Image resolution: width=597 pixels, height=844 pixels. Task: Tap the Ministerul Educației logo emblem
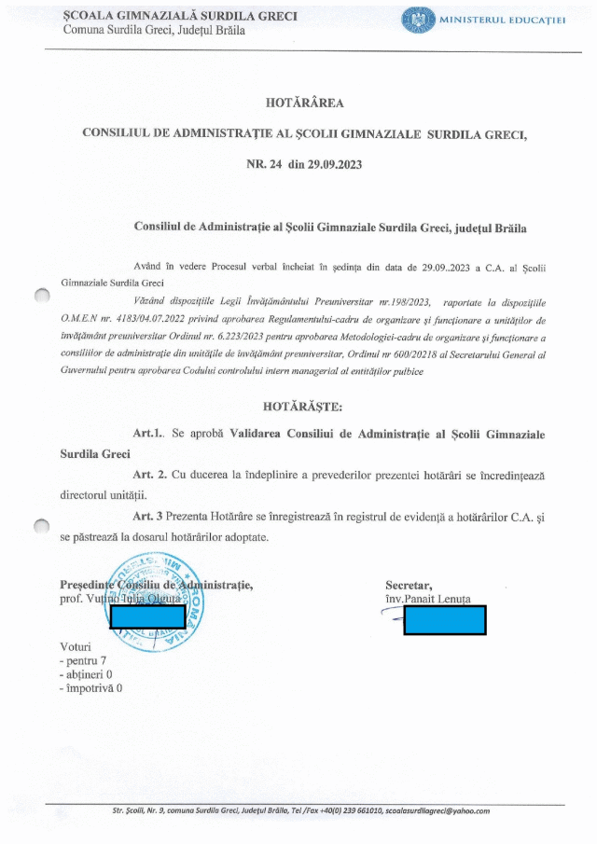(x=417, y=20)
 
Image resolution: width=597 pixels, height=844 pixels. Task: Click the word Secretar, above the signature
(x=410, y=585)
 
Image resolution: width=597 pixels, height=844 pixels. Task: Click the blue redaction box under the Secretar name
(x=445, y=620)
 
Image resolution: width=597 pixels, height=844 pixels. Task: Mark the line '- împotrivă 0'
(x=90, y=688)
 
